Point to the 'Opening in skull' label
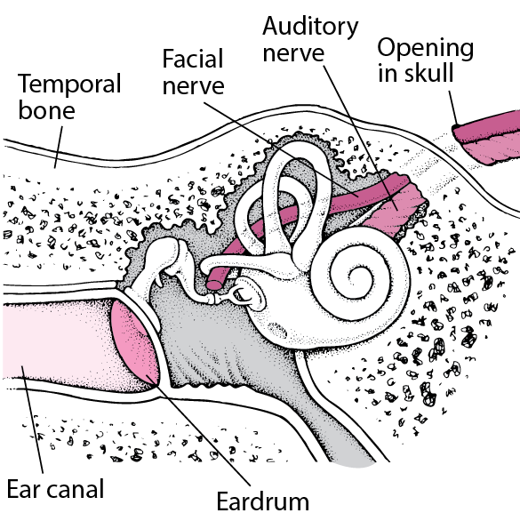pos(426,61)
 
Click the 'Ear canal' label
pos(55,489)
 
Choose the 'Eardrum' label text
pos(263,501)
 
